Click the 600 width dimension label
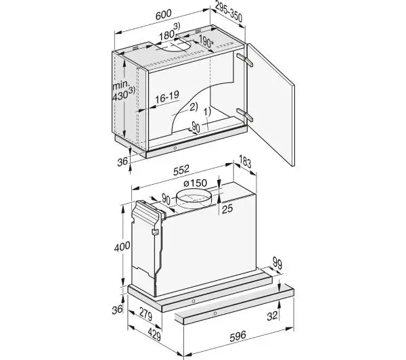163,15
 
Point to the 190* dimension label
206,41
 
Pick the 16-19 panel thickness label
167,97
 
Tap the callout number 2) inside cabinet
194,107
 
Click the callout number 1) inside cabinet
208,112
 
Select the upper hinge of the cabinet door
244,60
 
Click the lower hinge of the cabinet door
244,115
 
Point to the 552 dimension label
181,170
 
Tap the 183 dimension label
245,162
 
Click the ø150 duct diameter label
195,183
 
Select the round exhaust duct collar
194,200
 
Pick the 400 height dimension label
122,246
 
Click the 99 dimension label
277,264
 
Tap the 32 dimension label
272,316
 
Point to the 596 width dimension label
238,336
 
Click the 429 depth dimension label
154,334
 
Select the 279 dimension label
145,313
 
